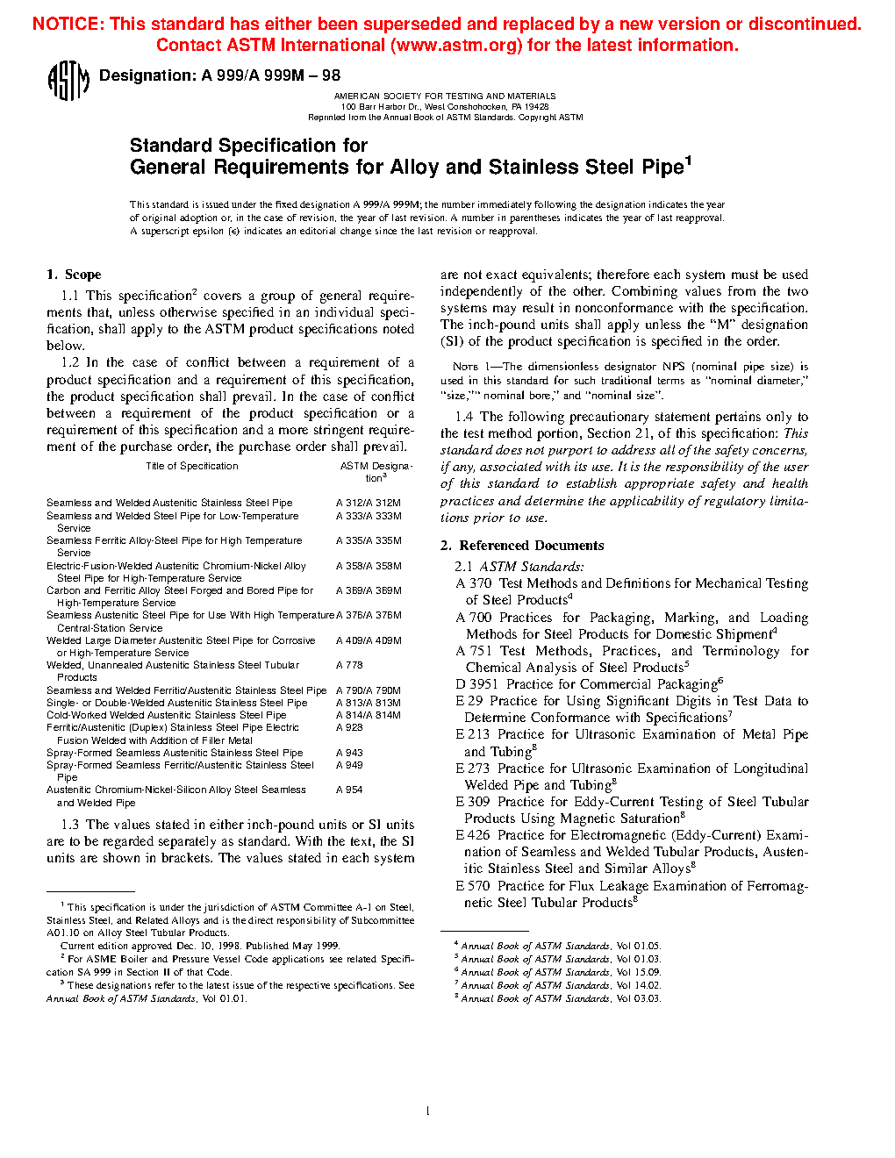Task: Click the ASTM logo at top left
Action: tap(68, 81)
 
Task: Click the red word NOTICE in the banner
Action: tap(68, 24)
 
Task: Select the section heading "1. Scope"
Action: tap(74, 275)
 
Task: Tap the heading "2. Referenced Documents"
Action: tap(522, 546)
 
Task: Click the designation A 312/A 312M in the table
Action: tap(368, 504)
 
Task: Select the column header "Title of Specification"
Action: tap(191, 467)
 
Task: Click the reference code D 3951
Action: tap(476, 684)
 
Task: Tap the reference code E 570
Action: tap(472, 886)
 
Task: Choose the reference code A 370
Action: tap(473, 583)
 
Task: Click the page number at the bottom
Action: tap(427, 1112)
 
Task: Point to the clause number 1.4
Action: tap(463, 417)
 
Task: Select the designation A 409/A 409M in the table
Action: tap(368, 641)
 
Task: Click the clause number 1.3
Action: tap(70, 825)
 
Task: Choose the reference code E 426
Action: tap(472, 835)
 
